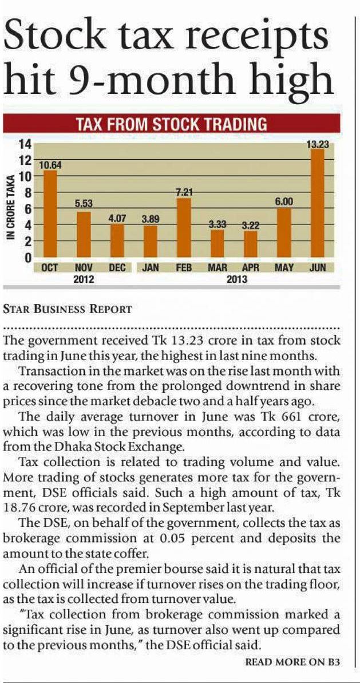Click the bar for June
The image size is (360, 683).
point(317,203)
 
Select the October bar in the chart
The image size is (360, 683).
point(50,214)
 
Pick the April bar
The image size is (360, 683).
point(251,244)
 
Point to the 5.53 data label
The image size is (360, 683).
point(84,203)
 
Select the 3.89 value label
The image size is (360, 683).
point(150,220)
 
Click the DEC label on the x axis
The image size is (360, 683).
point(117,267)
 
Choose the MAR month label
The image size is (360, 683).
point(217,267)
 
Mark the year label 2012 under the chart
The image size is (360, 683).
point(84,279)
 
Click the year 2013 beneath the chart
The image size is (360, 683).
point(237,279)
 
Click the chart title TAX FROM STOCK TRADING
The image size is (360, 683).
point(172,124)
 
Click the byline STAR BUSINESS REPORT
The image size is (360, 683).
point(67,310)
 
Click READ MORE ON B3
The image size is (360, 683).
point(292,662)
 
